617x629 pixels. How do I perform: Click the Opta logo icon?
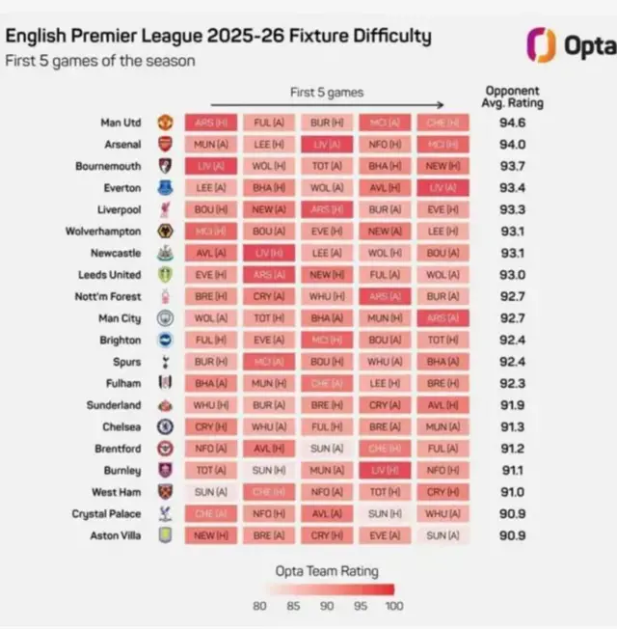point(541,44)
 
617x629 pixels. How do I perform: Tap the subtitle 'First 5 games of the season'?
point(100,61)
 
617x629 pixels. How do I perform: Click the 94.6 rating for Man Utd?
point(515,123)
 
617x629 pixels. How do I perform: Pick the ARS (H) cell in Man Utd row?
point(211,123)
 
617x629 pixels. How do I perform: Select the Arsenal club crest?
point(164,145)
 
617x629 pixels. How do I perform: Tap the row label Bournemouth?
point(108,166)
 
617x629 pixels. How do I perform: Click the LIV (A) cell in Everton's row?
point(443,188)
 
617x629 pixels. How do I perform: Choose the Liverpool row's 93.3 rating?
point(515,210)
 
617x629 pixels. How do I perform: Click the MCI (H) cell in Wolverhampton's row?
point(211,232)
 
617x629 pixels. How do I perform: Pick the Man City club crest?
point(164,318)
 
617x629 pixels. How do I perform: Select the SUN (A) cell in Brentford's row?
point(327,449)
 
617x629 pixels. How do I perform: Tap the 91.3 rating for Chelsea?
point(515,427)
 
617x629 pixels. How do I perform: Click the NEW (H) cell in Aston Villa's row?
point(211,535)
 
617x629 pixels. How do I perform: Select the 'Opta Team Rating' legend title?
point(327,570)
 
